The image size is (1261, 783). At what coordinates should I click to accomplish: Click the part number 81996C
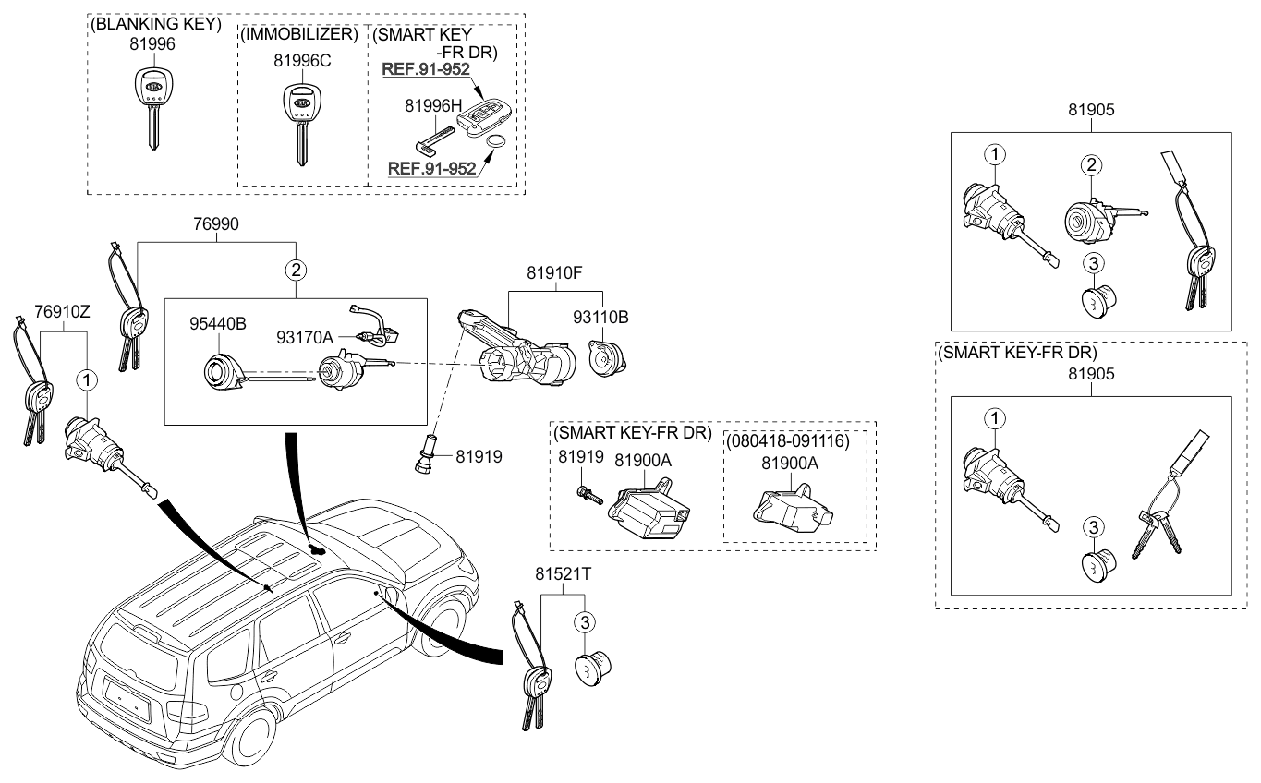[x=302, y=60]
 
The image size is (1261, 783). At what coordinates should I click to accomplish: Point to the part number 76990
[x=216, y=223]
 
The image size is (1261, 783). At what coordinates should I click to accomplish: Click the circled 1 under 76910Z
[x=86, y=379]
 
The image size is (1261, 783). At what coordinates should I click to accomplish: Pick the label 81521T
[x=563, y=574]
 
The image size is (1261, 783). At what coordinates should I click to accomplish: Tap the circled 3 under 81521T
[x=585, y=622]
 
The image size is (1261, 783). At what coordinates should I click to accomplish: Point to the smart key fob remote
[x=488, y=119]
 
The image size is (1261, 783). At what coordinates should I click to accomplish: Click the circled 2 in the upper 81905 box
[x=1091, y=166]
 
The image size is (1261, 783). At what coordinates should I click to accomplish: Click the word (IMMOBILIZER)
[x=298, y=34]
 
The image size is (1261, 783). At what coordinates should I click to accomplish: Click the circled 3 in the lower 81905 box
[x=1092, y=527]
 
